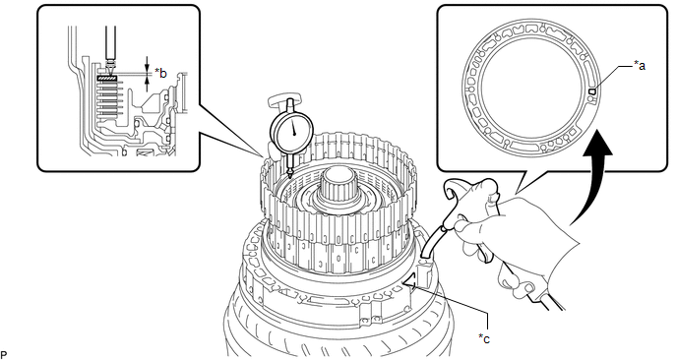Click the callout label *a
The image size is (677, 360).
point(640,66)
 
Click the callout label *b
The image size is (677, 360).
point(160,73)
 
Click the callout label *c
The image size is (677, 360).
point(484,338)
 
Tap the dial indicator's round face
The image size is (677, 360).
point(292,132)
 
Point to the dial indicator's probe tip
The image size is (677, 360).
point(289,176)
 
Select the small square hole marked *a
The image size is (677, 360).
point(592,91)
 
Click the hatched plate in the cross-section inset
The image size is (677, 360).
point(108,78)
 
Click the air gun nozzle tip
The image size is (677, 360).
point(423,258)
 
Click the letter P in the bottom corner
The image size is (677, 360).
point(4,355)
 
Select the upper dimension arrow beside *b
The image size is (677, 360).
point(148,66)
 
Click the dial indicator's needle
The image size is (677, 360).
point(293,127)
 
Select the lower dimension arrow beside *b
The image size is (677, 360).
point(148,85)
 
